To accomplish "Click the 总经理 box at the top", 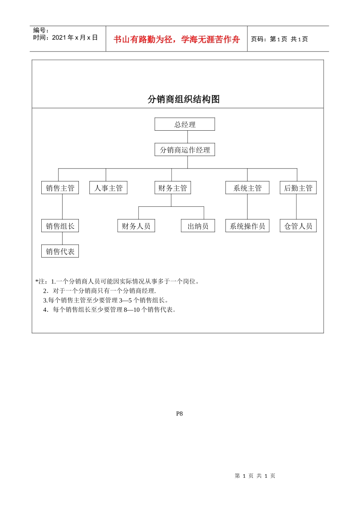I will point(185,124).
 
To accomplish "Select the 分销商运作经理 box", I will point(185,150).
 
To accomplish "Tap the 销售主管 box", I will point(60,188).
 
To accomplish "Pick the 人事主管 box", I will point(108,188).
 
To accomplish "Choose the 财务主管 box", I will point(172,188).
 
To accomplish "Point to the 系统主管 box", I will point(247,188).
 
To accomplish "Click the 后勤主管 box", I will point(298,188).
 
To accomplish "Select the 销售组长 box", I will point(60,226).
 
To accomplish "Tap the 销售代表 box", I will point(60,251).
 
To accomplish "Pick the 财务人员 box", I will point(136,226).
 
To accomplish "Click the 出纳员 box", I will point(198,226).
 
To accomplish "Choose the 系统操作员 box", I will point(247,226).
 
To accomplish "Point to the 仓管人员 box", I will point(298,226).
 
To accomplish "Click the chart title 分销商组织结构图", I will point(183,99).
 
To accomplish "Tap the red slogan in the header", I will point(177,39).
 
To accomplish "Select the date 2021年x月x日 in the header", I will point(75,37).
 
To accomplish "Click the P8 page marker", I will point(179,414).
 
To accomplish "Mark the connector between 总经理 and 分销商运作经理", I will point(187,137).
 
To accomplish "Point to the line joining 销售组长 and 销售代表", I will point(62,239).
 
